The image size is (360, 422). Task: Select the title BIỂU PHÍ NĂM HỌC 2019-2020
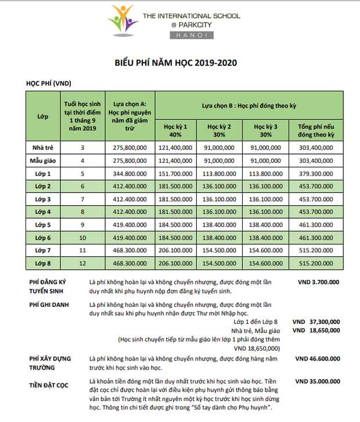point(181,62)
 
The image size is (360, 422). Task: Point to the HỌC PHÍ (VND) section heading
point(48,84)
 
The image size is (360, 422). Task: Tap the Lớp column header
point(42,116)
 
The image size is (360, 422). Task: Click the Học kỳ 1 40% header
point(175,130)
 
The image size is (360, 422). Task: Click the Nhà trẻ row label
point(42,148)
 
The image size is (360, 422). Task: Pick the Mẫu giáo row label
point(42,160)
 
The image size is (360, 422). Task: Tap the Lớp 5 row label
point(42,224)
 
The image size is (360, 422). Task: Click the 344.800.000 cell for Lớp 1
point(130,173)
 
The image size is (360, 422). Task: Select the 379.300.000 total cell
point(316,173)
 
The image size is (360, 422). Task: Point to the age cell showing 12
point(82,263)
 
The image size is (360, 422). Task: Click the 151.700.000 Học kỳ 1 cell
point(175,173)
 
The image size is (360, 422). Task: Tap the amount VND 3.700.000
point(317,282)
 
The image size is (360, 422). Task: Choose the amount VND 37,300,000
point(316,321)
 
